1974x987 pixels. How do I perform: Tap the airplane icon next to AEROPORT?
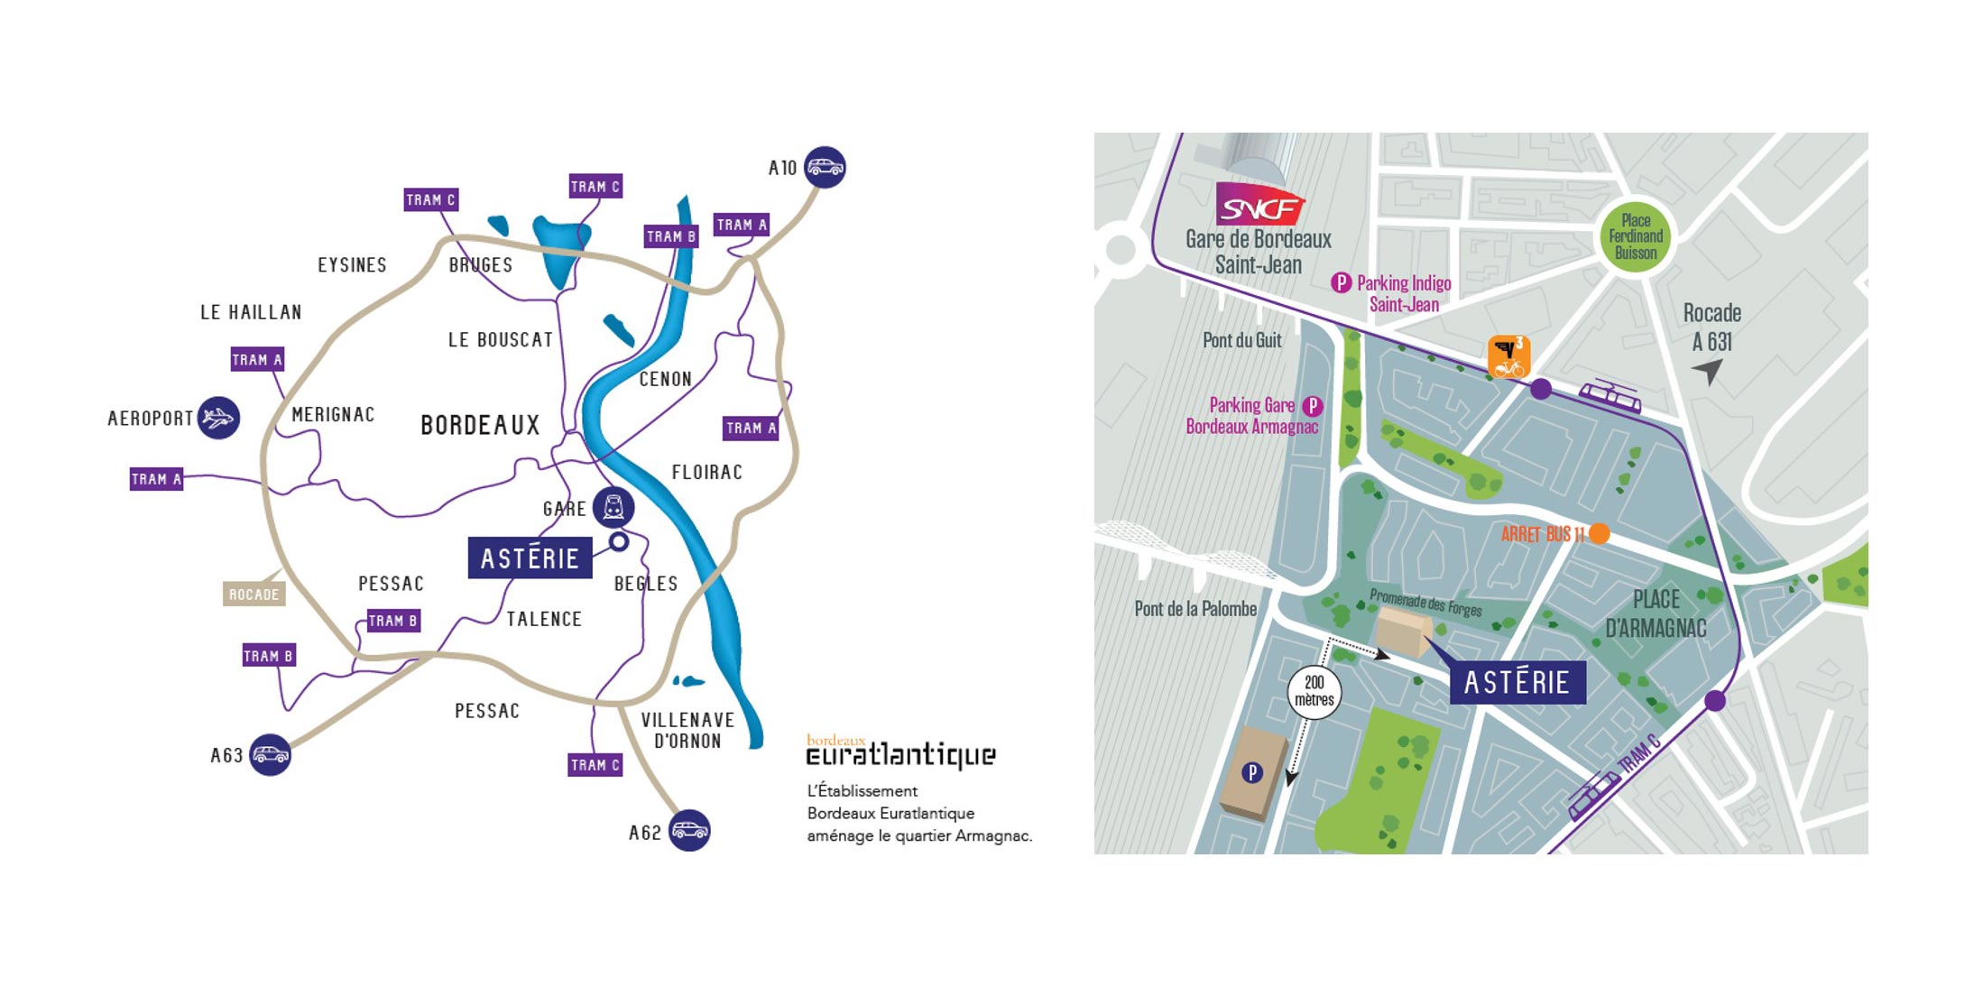(x=218, y=418)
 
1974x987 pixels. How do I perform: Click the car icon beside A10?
(x=825, y=167)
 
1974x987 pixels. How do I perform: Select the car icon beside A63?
(x=270, y=754)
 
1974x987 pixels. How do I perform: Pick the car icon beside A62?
(x=689, y=830)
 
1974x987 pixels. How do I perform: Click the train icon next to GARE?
(x=613, y=507)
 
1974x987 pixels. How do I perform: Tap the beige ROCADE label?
(x=254, y=595)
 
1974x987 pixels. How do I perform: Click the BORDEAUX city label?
(x=480, y=425)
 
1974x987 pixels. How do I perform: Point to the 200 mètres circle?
(x=1314, y=692)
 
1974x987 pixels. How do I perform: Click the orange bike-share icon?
(x=1508, y=357)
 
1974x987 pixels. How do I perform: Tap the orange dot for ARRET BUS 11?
(x=1600, y=533)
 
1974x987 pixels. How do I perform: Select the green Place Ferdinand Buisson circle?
(x=1636, y=236)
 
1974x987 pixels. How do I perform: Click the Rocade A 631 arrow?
(x=1708, y=370)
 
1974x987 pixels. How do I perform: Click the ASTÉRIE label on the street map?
(x=1517, y=682)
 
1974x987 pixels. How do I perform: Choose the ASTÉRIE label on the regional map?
(x=530, y=558)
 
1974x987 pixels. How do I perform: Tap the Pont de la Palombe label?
(x=1195, y=609)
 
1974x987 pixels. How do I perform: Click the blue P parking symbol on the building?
(x=1251, y=772)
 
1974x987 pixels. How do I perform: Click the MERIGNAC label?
(x=333, y=415)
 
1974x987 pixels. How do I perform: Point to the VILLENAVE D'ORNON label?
(x=687, y=730)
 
